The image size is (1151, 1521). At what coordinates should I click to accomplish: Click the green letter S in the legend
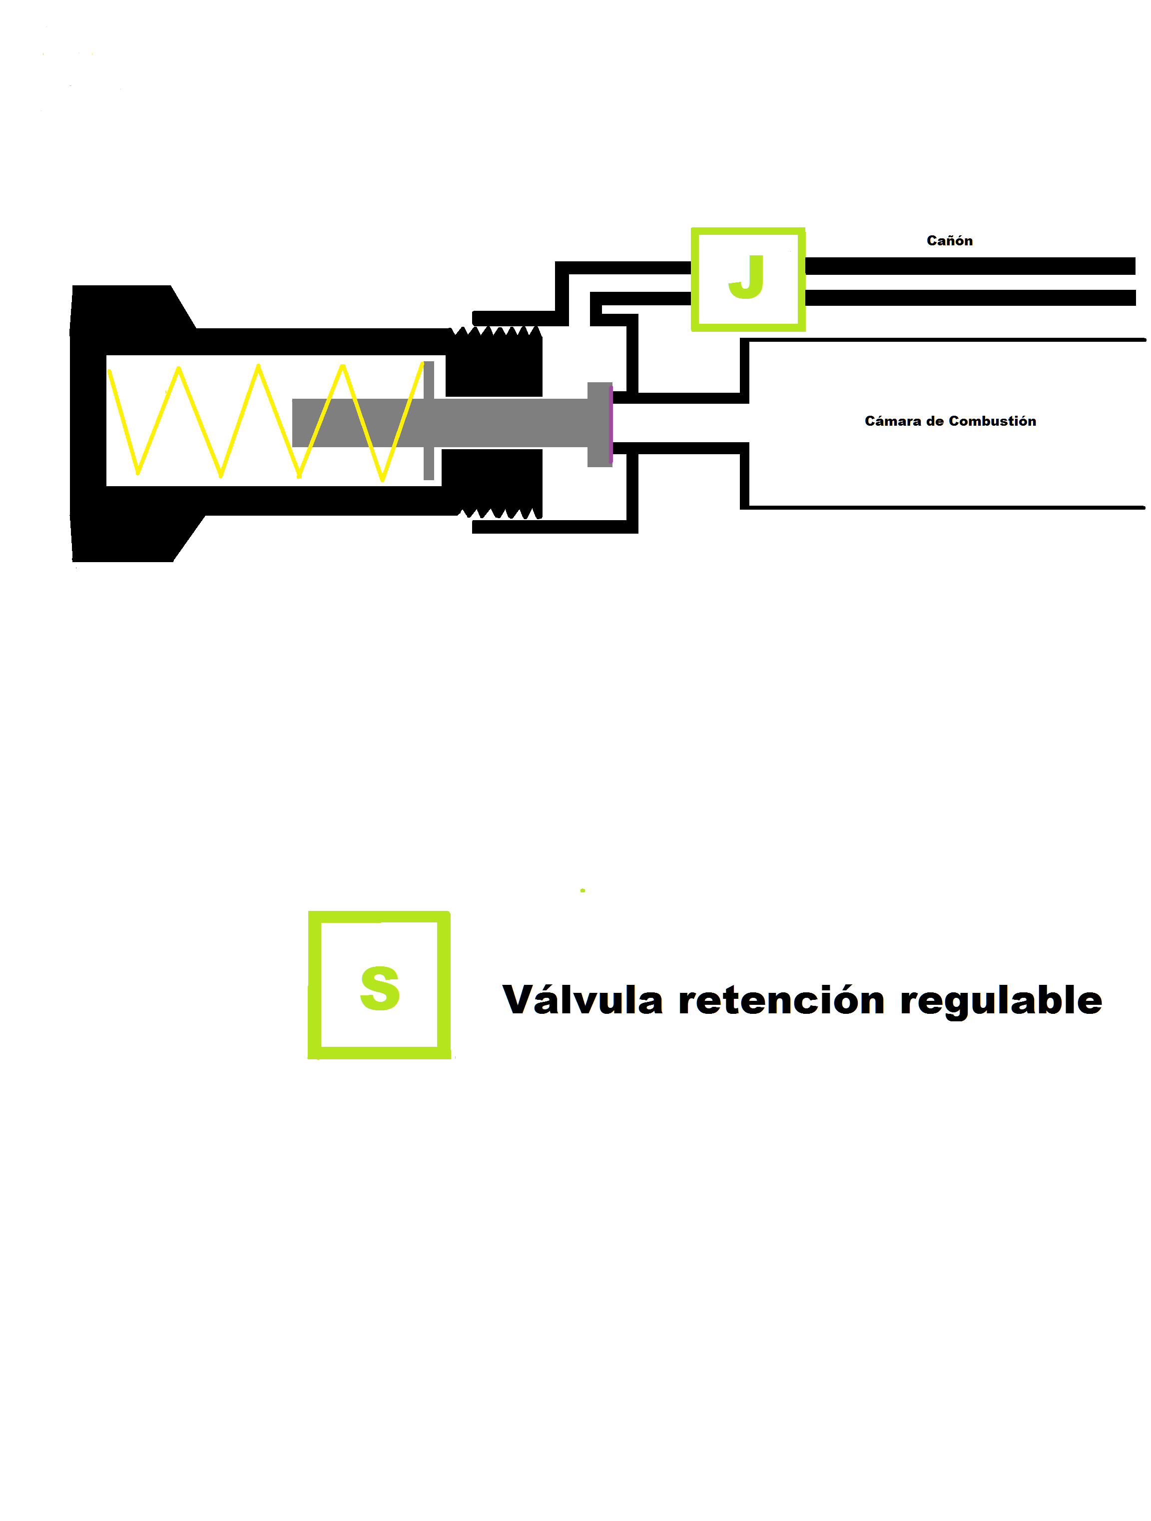click(380, 988)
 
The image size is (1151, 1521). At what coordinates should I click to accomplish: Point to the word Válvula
click(582, 1000)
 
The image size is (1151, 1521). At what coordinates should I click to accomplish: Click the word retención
click(781, 1000)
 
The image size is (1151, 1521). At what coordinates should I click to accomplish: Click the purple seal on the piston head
click(610, 424)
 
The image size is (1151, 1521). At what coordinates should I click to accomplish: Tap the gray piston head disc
click(599, 424)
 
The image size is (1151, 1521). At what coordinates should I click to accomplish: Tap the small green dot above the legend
click(582, 890)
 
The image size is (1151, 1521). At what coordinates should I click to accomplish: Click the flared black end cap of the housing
click(117, 423)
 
